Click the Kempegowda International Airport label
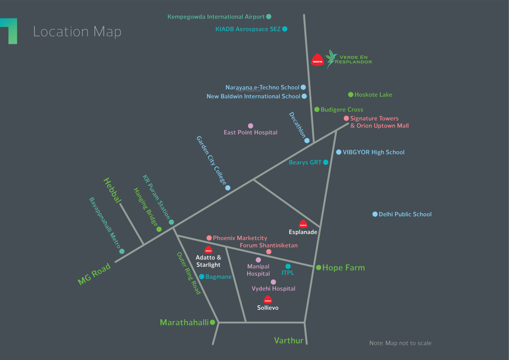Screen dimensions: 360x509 [216, 17]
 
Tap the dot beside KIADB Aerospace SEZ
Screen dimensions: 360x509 [285, 29]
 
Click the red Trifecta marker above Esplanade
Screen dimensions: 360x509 [303, 224]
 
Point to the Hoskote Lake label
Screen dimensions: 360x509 [373, 95]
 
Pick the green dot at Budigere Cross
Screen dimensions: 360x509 [317, 109]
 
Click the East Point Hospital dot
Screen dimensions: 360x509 [250, 126]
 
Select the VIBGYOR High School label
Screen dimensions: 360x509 [373, 152]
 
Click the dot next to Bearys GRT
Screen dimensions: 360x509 [325, 162]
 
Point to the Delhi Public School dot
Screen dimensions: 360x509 [375, 214]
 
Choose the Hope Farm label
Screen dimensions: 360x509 [343, 268]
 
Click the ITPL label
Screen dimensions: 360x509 [287, 273]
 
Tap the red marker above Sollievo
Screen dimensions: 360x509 [267, 299]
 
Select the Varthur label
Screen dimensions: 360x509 [289, 340]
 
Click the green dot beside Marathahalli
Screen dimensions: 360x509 [213, 322]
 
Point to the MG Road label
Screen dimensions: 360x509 [94, 275]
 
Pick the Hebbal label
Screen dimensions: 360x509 [112, 190]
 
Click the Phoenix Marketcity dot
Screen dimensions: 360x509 [209, 238]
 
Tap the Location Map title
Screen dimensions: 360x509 [77, 32]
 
